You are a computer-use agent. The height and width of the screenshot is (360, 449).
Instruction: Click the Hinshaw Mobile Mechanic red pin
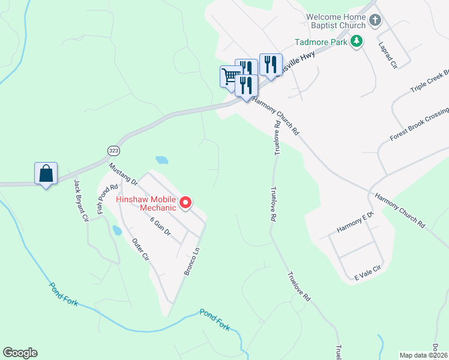pyautogui.click(x=185, y=203)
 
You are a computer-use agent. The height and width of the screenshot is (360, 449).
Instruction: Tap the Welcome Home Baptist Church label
pyautogui.click(x=335, y=21)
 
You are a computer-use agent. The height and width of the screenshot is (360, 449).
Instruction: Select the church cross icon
pyautogui.click(x=375, y=21)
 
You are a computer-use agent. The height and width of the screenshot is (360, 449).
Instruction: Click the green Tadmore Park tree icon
pyautogui.click(x=357, y=41)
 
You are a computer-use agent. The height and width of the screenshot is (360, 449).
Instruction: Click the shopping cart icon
pyautogui.click(x=231, y=76)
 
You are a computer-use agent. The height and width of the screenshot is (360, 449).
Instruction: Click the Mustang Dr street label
pyautogui.click(x=123, y=173)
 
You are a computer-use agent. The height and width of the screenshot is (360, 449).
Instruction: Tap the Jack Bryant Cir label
pyautogui.click(x=80, y=200)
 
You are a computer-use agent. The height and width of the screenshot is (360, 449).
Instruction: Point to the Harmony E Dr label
pyautogui.click(x=355, y=224)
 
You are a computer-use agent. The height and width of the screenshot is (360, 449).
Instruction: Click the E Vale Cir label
pyautogui.click(x=368, y=272)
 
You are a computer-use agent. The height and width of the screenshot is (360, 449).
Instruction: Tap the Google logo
pyautogui.click(x=20, y=353)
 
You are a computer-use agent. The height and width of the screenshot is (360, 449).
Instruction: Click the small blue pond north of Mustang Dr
pyautogui.click(x=161, y=160)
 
